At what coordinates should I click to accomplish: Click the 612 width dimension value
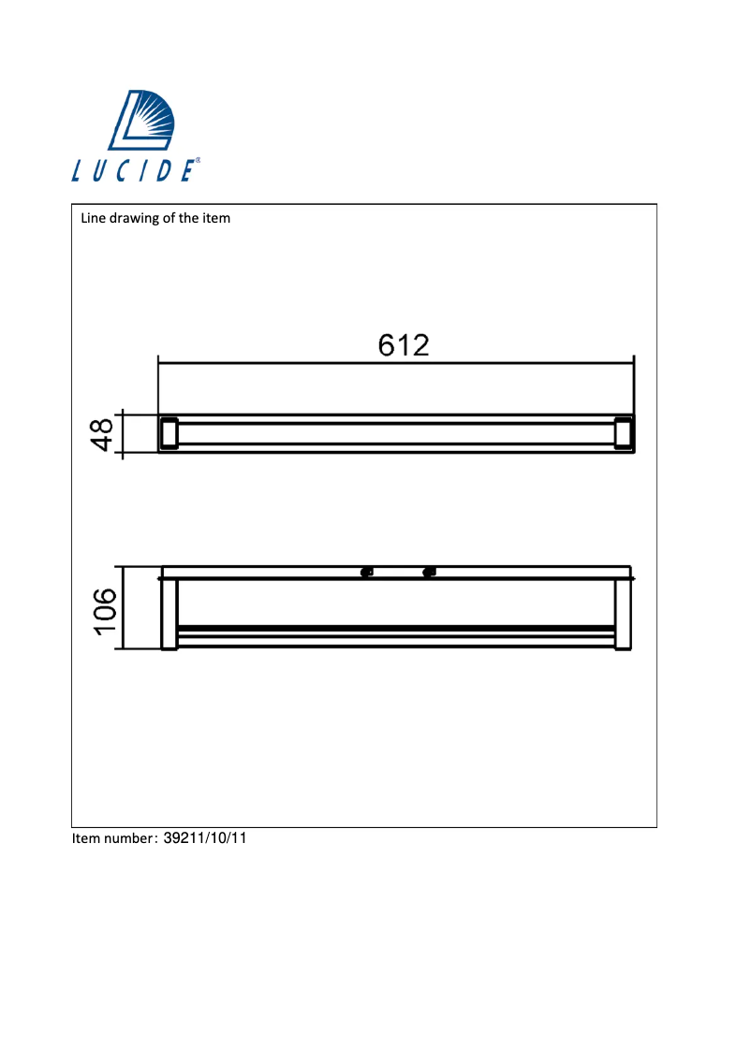404,345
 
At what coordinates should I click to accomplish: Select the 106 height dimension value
104,610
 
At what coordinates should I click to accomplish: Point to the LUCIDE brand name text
133,170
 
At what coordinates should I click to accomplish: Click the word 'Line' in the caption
94,219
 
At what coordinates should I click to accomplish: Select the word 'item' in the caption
216,219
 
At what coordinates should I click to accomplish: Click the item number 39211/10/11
204,838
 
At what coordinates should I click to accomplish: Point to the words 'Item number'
113,838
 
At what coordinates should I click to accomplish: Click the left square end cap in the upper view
169,434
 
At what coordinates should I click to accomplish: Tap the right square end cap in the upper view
624,434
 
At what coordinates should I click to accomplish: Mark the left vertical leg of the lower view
169,614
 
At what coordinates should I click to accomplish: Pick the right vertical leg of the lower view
624,614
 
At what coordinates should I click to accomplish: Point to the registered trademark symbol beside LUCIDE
198,161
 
